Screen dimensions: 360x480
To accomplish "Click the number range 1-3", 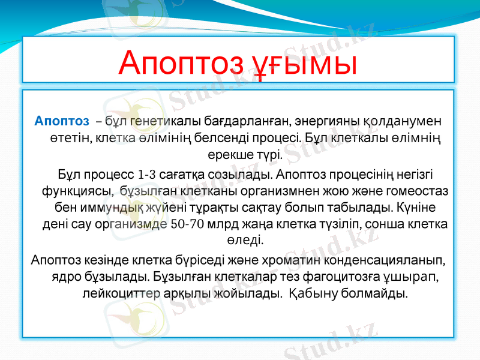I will pos(148,175).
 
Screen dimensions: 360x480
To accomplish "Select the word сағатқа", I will pos(185,175).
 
